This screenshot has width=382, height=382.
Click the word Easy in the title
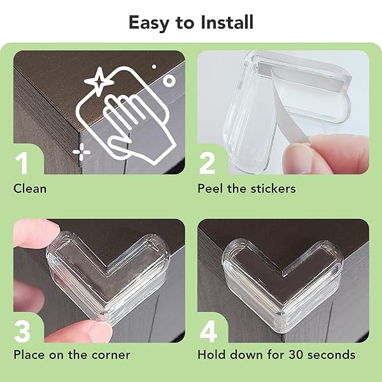(148, 23)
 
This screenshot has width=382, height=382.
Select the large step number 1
(22, 163)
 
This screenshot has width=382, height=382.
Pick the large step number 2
(207, 163)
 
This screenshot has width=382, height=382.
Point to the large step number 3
(22, 332)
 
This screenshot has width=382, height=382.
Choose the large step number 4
(208, 332)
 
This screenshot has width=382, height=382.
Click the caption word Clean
(30, 189)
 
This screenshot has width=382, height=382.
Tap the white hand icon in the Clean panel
(136, 127)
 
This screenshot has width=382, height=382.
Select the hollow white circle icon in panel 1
(169, 81)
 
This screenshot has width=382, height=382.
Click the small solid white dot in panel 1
(154, 66)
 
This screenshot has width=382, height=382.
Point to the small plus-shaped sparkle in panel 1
(81, 152)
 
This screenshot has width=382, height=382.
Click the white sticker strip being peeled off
(290, 107)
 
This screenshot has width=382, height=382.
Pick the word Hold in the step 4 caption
(211, 355)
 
